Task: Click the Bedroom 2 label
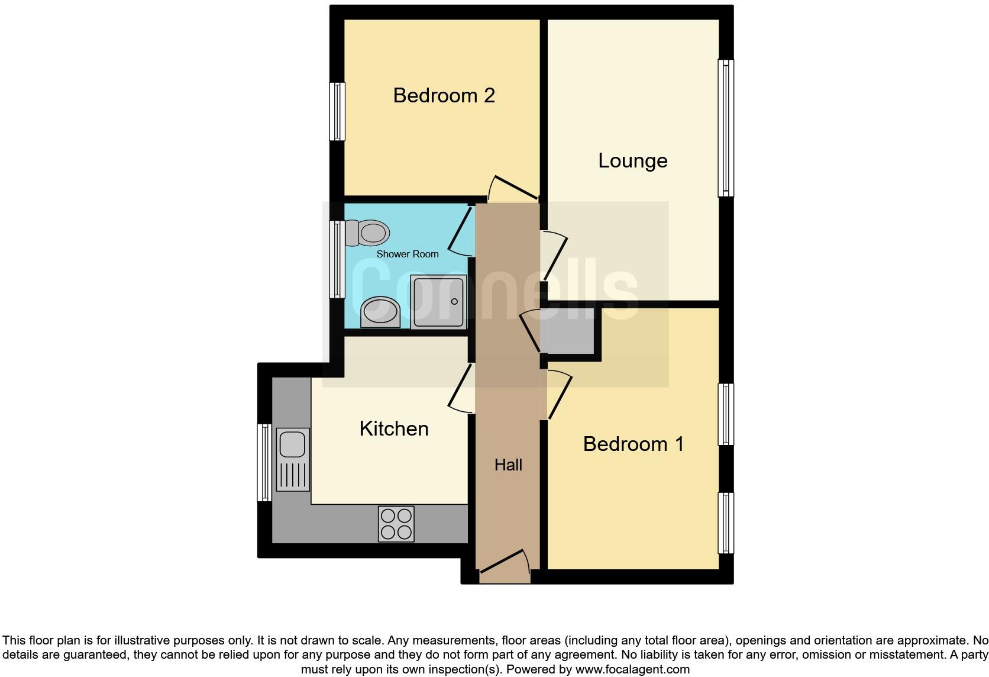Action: [444, 95]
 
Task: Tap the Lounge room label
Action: [632, 160]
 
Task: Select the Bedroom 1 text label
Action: [633, 444]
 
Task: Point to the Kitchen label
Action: [394, 428]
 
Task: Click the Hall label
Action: [508, 465]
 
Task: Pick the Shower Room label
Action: [408, 254]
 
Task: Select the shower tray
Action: [438, 302]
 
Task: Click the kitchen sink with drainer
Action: [292, 459]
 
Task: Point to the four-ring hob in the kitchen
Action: [396, 524]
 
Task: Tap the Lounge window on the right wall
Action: [726, 128]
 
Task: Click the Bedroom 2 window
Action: [337, 111]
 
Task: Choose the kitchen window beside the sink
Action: [264, 462]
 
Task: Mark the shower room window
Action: [337, 259]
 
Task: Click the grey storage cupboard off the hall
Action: [567, 331]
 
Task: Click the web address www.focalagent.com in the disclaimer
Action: [632, 669]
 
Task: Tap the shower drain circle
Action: [454, 302]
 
